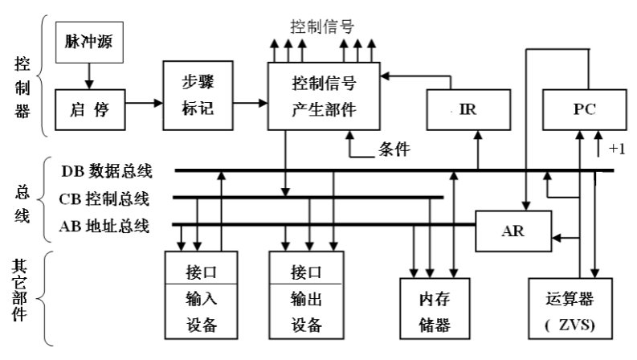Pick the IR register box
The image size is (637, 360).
click(468, 109)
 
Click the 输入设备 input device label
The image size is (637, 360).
click(202, 312)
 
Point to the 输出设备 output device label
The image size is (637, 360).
click(307, 312)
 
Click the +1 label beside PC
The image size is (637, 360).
click(617, 149)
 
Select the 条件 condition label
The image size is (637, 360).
click(394, 149)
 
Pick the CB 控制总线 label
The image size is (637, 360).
click(104, 198)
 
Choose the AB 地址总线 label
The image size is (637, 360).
click(104, 225)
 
